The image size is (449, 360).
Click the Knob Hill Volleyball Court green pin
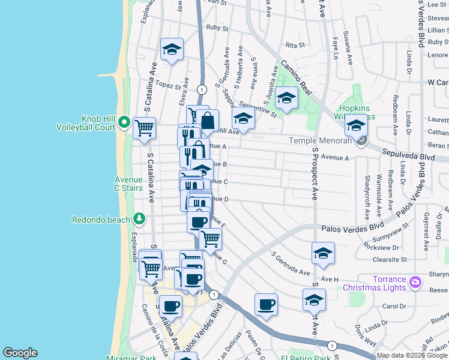pos(124,122)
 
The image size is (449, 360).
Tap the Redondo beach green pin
pos(139,218)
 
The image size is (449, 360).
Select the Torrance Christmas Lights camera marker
pos(414,282)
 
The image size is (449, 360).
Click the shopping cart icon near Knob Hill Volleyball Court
pos(144,128)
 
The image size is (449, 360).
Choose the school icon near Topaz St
pos(172,50)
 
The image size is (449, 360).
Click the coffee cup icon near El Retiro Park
pos(266,304)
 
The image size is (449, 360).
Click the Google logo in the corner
pos(20,353)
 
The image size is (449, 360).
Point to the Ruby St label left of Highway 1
pos(217,28)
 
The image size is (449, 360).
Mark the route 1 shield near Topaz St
pos(202,89)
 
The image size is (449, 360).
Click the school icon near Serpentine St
pos(243,117)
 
